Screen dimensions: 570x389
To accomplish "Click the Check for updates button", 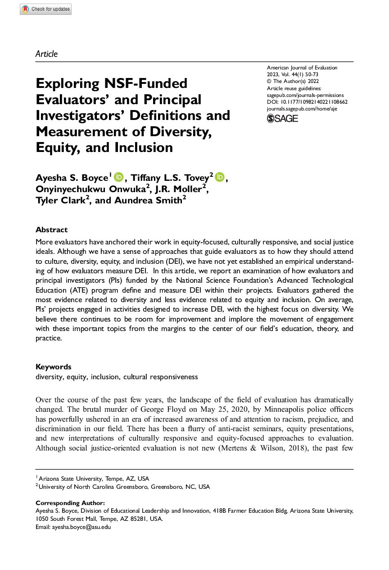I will tap(45, 9).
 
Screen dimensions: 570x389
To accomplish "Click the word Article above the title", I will tap(46, 54).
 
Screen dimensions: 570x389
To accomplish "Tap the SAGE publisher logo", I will tap(282, 118).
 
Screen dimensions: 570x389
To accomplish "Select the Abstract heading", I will tap(52, 230).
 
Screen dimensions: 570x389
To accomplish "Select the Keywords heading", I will tap(54, 367).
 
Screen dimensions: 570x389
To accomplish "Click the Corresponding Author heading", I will tap(70, 503).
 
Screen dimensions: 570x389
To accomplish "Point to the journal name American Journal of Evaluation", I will tap(302, 68).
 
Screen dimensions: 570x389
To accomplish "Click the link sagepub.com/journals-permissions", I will tap(305, 95).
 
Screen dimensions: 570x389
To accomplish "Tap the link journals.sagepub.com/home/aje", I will tap(302, 109).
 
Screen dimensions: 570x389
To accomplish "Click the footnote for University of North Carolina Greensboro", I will tap(124, 487).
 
